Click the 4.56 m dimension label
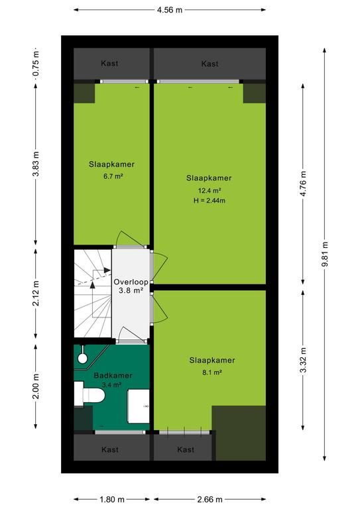click(170, 10)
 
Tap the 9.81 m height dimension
click(325, 254)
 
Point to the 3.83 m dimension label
click(36, 164)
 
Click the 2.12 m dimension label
click(36, 294)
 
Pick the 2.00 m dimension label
click(36, 386)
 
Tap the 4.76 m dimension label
click(303, 184)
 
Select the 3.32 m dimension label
click(303, 360)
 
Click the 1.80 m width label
click(112, 500)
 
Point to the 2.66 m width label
click(210, 500)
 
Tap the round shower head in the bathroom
click(82, 358)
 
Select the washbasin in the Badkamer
click(139, 406)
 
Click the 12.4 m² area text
click(210, 191)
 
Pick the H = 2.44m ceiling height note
click(210, 201)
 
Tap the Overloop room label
click(131, 282)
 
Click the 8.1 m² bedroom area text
click(212, 372)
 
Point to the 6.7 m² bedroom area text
click(112, 176)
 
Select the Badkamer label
click(113, 376)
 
